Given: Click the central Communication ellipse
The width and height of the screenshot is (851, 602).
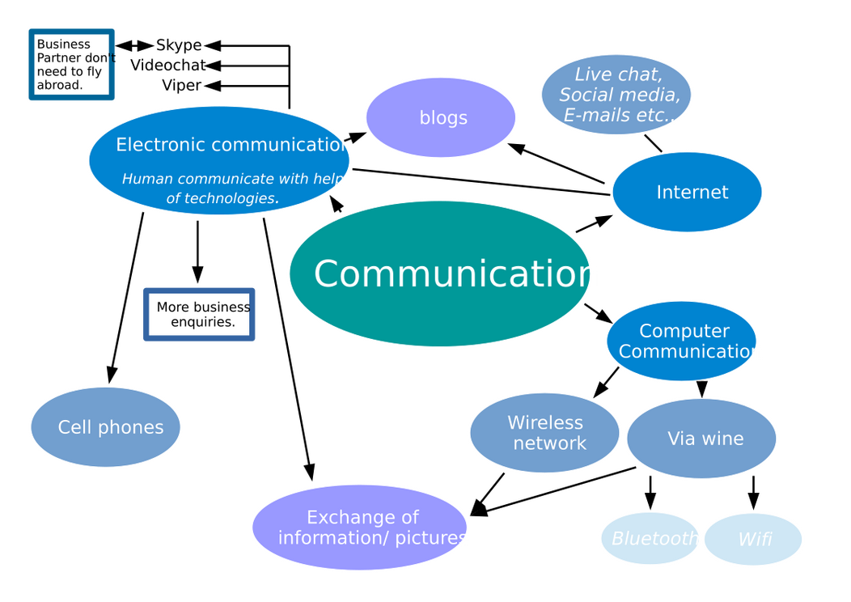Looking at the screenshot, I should tap(439, 273).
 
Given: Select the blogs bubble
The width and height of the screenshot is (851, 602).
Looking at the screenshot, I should tap(441, 117).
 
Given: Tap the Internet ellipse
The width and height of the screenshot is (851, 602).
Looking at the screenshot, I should tap(688, 192).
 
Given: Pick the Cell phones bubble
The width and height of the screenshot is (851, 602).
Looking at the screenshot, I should tap(106, 426).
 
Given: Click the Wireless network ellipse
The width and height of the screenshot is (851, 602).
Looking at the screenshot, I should tap(544, 433).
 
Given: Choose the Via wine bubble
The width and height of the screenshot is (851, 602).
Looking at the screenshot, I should tap(701, 438).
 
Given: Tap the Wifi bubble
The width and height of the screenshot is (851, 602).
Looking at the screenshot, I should tap(753, 539).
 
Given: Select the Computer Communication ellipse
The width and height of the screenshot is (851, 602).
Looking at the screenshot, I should tap(681, 341).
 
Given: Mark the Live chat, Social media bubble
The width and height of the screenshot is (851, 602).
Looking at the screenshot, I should tap(616, 95).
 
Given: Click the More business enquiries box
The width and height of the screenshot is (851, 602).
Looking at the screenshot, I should tap(199, 314).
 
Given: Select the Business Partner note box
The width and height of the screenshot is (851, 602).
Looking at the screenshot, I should tap(71, 64).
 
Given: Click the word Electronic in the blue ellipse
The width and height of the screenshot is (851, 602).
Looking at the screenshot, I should tap(152, 145).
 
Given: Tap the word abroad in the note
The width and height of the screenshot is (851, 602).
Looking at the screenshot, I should tap(59, 85).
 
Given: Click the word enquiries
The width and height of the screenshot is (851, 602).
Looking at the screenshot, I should tap(203, 322).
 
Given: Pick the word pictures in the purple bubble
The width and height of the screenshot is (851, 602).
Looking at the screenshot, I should tap(430, 538).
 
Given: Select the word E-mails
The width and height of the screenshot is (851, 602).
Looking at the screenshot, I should tap(597, 116).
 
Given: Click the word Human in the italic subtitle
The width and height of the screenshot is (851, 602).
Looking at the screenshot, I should tap(147, 179).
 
